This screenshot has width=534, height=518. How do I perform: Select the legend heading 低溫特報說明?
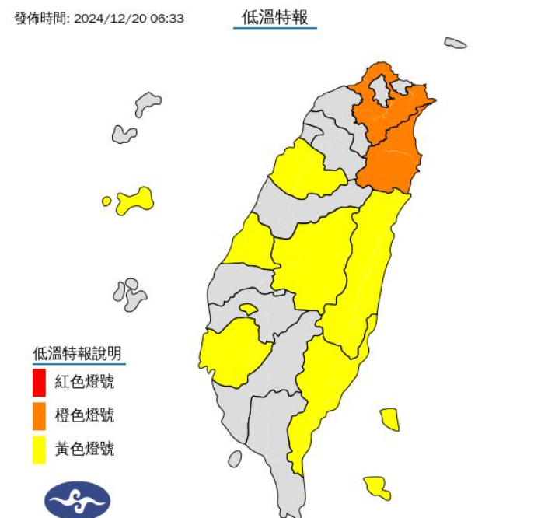77,354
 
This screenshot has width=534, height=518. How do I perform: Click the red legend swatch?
39,383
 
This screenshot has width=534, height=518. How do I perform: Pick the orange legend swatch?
39,416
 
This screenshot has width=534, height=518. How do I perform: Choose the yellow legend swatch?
39,450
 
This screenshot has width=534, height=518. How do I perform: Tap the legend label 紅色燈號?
85,382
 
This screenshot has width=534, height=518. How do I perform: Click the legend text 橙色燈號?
85,415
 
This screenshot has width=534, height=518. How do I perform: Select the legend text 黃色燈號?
85,449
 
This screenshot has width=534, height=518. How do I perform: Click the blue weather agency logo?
77,499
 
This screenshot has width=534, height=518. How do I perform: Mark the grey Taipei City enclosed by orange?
380,91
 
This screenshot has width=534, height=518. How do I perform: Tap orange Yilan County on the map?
393,159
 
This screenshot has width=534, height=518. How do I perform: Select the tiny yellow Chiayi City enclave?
248,310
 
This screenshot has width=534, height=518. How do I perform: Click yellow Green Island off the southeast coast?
390,419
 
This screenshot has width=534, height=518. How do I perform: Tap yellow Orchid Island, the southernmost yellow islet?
377,487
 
